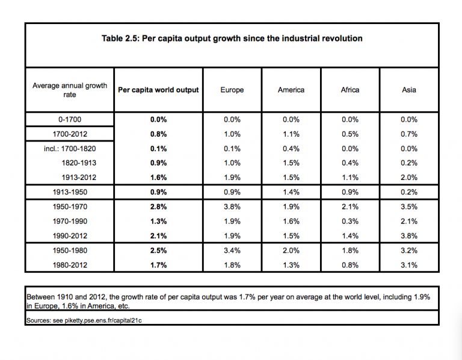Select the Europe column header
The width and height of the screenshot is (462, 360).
[x=232, y=90]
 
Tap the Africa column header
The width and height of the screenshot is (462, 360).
[x=350, y=90]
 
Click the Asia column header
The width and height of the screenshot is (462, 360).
[x=409, y=90]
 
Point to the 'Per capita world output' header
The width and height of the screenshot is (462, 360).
[x=159, y=90]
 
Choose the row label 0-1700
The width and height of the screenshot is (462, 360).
[x=70, y=119]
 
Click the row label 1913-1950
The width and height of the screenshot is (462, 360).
[x=70, y=192]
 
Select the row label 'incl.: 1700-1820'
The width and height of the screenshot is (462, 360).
[x=70, y=148]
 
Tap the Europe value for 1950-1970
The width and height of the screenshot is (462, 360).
[x=232, y=206]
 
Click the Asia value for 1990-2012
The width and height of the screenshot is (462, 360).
[x=409, y=236]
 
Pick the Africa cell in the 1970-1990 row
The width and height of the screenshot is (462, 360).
[x=350, y=221]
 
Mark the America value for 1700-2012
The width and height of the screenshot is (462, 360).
[x=291, y=134]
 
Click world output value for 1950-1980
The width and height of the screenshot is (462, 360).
[x=159, y=250]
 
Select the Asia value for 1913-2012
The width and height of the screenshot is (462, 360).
[x=409, y=178]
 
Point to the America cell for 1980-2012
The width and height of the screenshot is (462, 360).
[x=291, y=265]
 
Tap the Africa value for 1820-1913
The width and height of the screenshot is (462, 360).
[x=350, y=163]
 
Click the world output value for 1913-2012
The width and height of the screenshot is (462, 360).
[x=159, y=178]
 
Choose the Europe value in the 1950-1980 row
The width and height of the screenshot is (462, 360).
[x=232, y=250]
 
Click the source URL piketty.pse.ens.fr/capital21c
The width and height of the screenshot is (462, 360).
[x=103, y=320]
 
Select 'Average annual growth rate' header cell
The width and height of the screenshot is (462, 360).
[x=70, y=90]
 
